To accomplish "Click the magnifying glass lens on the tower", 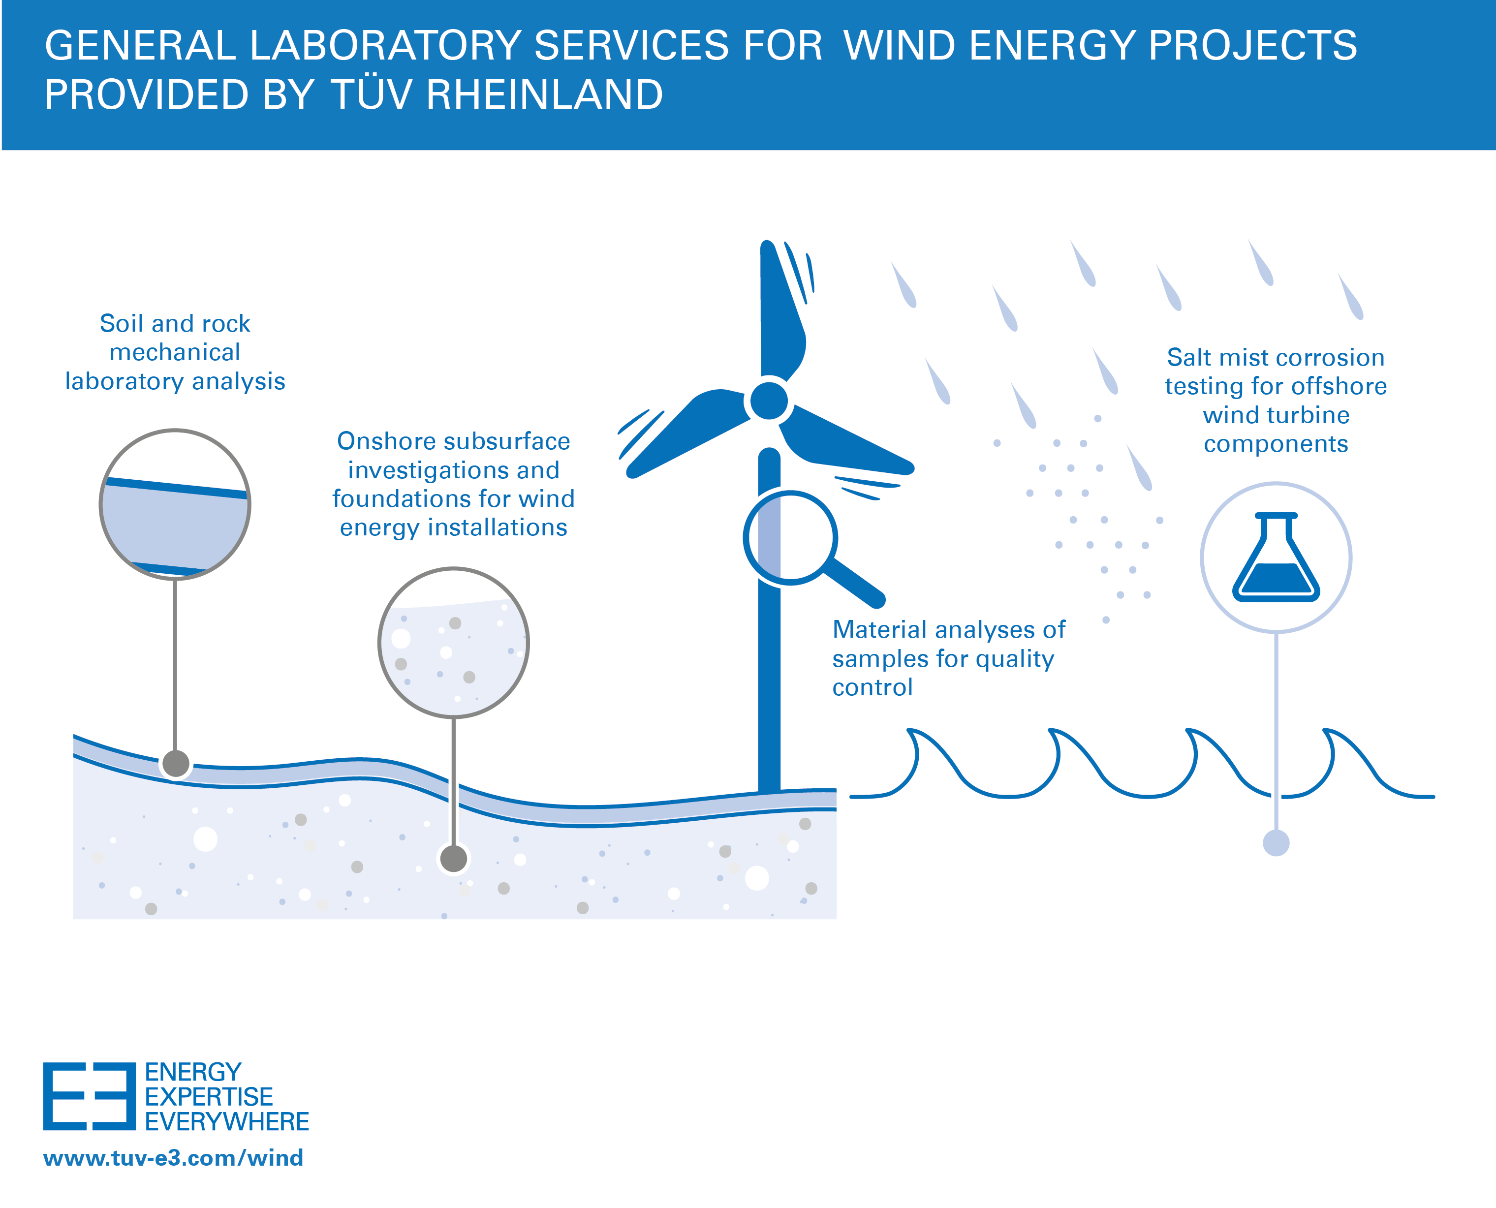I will tap(790, 537).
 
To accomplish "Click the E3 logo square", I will tap(89, 1096).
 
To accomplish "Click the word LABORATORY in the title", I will tap(385, 46).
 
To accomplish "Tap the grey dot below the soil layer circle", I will tap(175, 763).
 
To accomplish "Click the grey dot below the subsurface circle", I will tap(454, 858).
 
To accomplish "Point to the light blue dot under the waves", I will tap(1276, 843).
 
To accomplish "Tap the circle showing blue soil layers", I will tap(175, 504).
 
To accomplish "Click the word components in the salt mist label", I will tap(1276, 444).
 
